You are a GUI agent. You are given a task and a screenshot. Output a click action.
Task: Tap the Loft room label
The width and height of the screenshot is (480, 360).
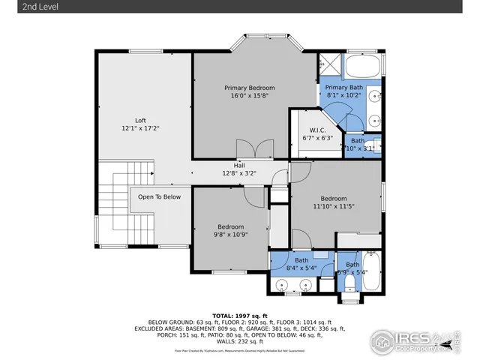[x=140, y=120]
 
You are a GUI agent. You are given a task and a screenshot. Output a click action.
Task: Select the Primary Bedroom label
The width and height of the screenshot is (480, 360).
[x=250, y=88]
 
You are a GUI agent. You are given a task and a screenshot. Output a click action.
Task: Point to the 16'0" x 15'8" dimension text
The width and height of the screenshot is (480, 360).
[x=250, y=96]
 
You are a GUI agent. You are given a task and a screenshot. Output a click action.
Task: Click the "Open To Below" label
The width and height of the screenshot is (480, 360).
[x=158, y=197]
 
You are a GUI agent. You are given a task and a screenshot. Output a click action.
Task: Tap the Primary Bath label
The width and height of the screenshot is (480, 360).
[x=343, y=88]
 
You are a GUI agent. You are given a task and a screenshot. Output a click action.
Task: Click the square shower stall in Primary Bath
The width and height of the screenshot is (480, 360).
[x=328, y=64]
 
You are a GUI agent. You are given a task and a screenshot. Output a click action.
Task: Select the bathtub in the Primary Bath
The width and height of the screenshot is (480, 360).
[x=363, y=64]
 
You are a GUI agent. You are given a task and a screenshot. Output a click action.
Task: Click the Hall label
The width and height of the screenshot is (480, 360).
[x=240, y=165]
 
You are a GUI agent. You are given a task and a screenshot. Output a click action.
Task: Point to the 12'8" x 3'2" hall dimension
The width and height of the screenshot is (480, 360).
[x=240, y=173]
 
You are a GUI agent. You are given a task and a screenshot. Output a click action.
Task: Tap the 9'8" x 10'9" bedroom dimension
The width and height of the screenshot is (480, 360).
[x=230, y=235]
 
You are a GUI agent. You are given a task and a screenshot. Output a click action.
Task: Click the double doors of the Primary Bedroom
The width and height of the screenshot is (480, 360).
[x=250, y=149]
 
